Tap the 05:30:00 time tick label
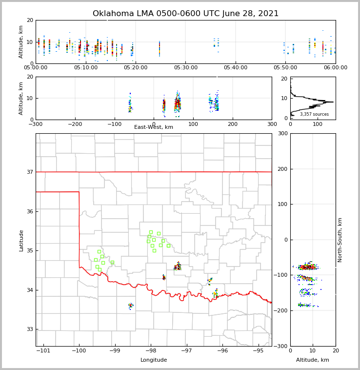[186, 68]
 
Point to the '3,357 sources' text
[314, 114]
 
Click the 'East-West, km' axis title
[154, 127]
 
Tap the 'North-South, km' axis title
[340, 240]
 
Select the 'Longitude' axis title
[154, 360]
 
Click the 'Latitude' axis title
[21, 240]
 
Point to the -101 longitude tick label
[43, 350]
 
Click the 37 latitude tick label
[29, 172]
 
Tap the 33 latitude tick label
[29, 329]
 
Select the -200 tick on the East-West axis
[75, 124]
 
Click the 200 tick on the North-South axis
[281, 169]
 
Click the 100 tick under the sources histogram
[318, 124]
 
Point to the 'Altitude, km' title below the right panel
[313, 360]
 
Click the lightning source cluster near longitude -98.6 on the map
[130, 306]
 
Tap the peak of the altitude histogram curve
[333, 102]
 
